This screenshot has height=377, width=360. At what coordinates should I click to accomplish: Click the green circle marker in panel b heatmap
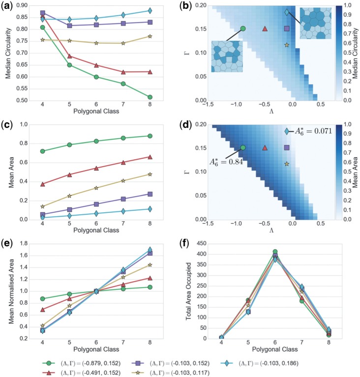click(242, 29)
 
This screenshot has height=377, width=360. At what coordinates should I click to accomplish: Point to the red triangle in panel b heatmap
click(265, 29)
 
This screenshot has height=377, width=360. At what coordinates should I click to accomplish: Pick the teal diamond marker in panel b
click(287, 12)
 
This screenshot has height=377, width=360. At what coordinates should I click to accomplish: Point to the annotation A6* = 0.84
click(221, 160)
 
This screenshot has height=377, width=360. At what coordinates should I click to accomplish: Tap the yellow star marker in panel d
click(287, 164)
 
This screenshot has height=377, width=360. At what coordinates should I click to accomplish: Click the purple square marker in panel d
click(287, 147)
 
